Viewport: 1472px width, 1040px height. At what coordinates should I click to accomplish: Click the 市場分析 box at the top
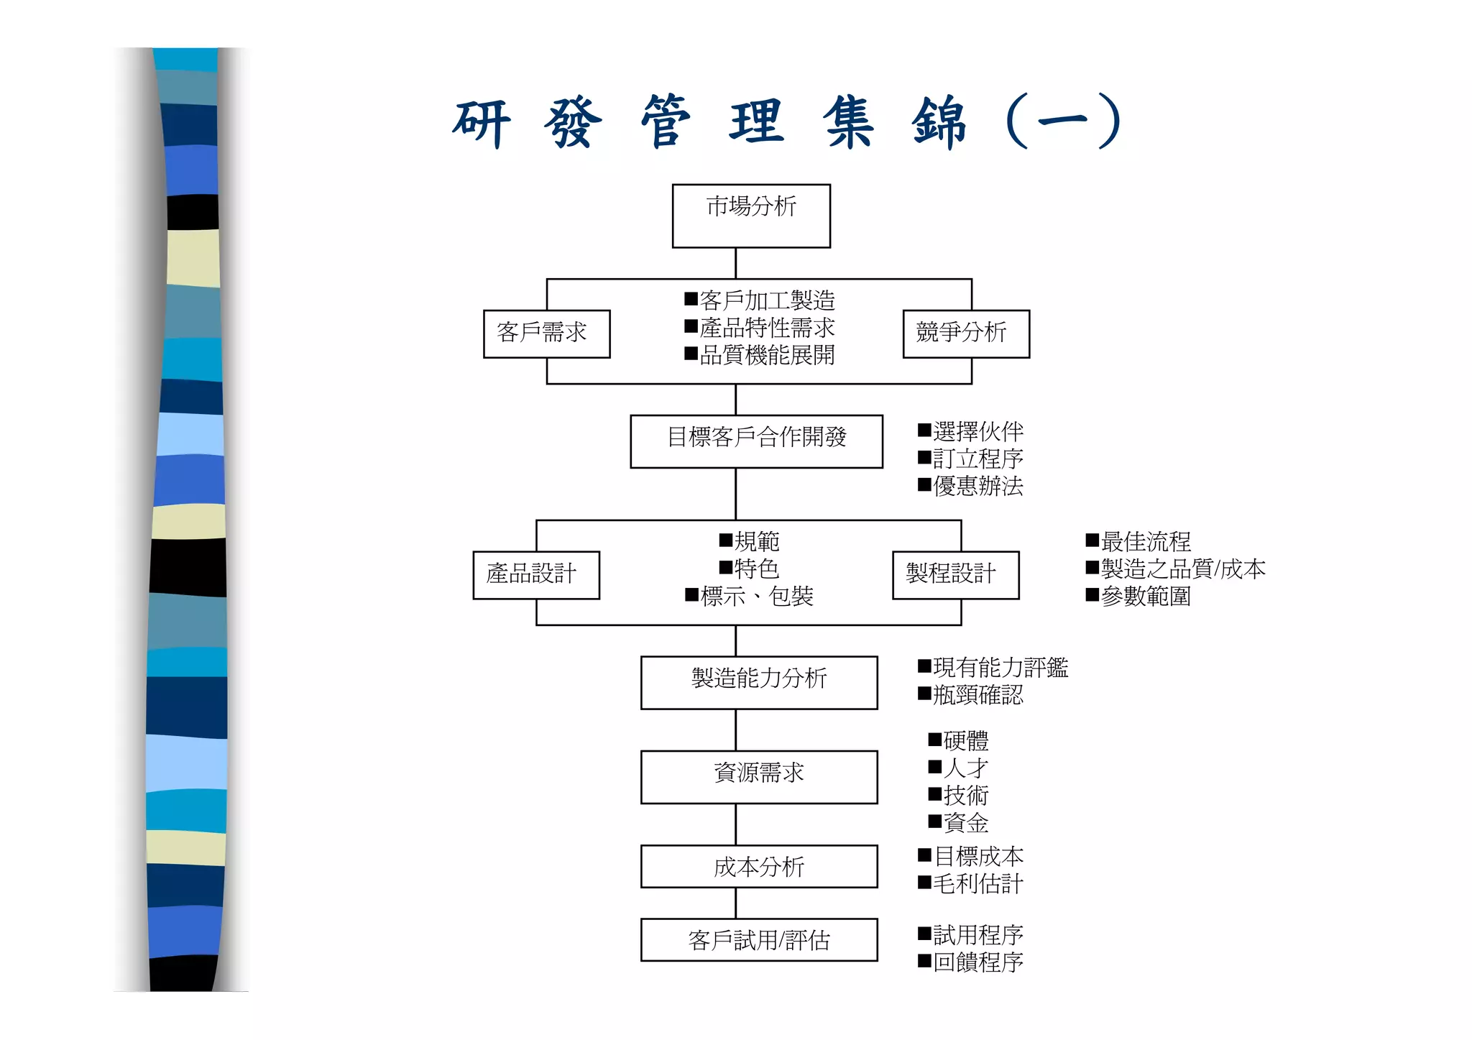[751, 216]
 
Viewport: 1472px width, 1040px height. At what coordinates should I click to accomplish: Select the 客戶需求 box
[546, 333]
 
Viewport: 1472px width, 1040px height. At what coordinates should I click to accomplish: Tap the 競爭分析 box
[965, 333]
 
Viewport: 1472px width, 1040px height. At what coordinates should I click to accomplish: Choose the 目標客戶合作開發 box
[756, 441]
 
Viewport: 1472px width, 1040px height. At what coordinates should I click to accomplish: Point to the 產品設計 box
[535, 574]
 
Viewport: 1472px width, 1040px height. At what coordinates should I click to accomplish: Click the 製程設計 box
[955, 574]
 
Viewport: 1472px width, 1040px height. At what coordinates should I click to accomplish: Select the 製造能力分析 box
[759, 682]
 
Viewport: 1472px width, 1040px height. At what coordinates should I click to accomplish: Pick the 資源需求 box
[759, 776]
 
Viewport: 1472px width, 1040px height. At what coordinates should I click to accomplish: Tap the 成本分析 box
[759, 866]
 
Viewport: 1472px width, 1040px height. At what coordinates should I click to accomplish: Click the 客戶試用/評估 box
[759, 939]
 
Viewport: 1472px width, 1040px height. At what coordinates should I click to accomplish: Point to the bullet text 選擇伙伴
[977, 432]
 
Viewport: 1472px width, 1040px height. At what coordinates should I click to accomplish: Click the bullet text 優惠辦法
[977, 487]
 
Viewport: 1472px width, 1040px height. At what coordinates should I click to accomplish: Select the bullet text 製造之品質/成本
[1182, 569]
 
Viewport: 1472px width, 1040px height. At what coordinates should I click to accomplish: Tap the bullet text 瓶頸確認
[977, 695]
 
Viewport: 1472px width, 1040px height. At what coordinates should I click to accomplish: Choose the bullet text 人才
[965, 768]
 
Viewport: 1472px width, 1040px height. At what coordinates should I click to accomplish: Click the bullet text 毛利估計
[977, 884]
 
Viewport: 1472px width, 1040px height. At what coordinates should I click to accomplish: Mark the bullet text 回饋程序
[977, 962]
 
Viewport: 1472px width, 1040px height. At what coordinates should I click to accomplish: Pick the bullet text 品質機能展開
[766, 355]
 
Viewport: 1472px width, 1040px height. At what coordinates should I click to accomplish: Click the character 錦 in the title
[939, 122]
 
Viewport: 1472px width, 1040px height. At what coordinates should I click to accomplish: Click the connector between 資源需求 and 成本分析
[735, 824]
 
